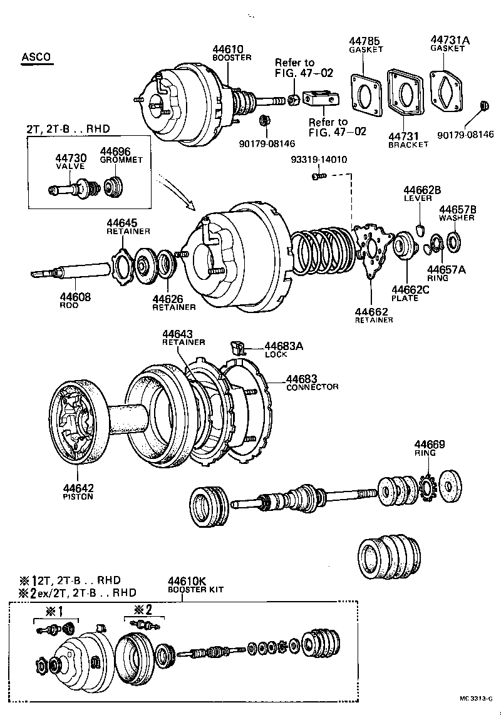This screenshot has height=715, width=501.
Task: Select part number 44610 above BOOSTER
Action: (228, 49)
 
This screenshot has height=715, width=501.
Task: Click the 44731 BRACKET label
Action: (407, 140)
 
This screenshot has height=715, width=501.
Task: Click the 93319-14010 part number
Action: (319, 160)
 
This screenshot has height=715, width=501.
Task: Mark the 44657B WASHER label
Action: (457, 213)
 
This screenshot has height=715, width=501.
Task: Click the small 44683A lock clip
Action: (238, 345)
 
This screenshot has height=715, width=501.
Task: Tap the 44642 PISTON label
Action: (78, 492)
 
